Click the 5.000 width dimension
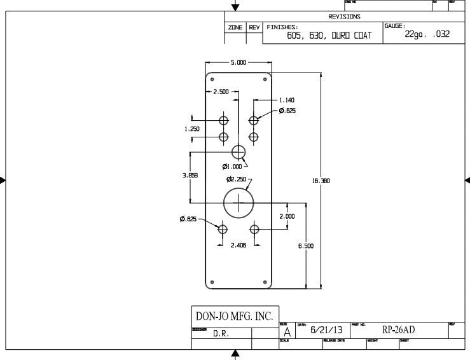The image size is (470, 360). click(239, 63)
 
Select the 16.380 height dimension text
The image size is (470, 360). click(320, 181)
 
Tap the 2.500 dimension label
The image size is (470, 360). click(221, 92)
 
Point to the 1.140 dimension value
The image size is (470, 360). click(287, 100)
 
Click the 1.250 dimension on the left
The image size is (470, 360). click(192, 129)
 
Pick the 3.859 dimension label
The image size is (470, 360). click(190, 176)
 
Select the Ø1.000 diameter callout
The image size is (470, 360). click(232, 167)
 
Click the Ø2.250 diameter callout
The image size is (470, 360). click(236, 179)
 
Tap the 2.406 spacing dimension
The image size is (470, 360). click(238, 245)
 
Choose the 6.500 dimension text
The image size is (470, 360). click(307, 245)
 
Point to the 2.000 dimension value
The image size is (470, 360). click(287, 216)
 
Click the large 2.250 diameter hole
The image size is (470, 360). click(238, 202)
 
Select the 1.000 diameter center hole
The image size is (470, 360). click(238, 152)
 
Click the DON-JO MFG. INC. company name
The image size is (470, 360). click(233, 316)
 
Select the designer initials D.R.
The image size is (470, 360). click(221, 333)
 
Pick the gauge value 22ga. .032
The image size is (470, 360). click(427, 34)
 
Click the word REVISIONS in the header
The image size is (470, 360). click(344, 17)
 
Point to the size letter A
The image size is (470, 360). click(287, 331)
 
